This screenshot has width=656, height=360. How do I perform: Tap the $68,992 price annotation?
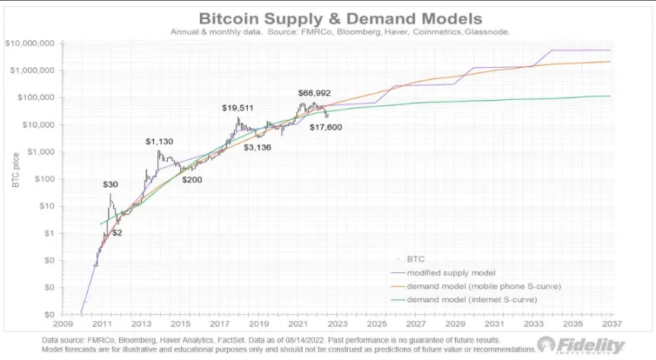[x=314, y=93]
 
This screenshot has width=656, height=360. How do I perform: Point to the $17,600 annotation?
[x=326, y=127]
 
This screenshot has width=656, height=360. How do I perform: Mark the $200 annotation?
[x=192, y=179]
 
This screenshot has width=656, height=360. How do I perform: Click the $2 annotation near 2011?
[x=118, y=233]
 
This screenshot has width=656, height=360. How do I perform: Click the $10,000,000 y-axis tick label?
[x=30, y=43]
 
